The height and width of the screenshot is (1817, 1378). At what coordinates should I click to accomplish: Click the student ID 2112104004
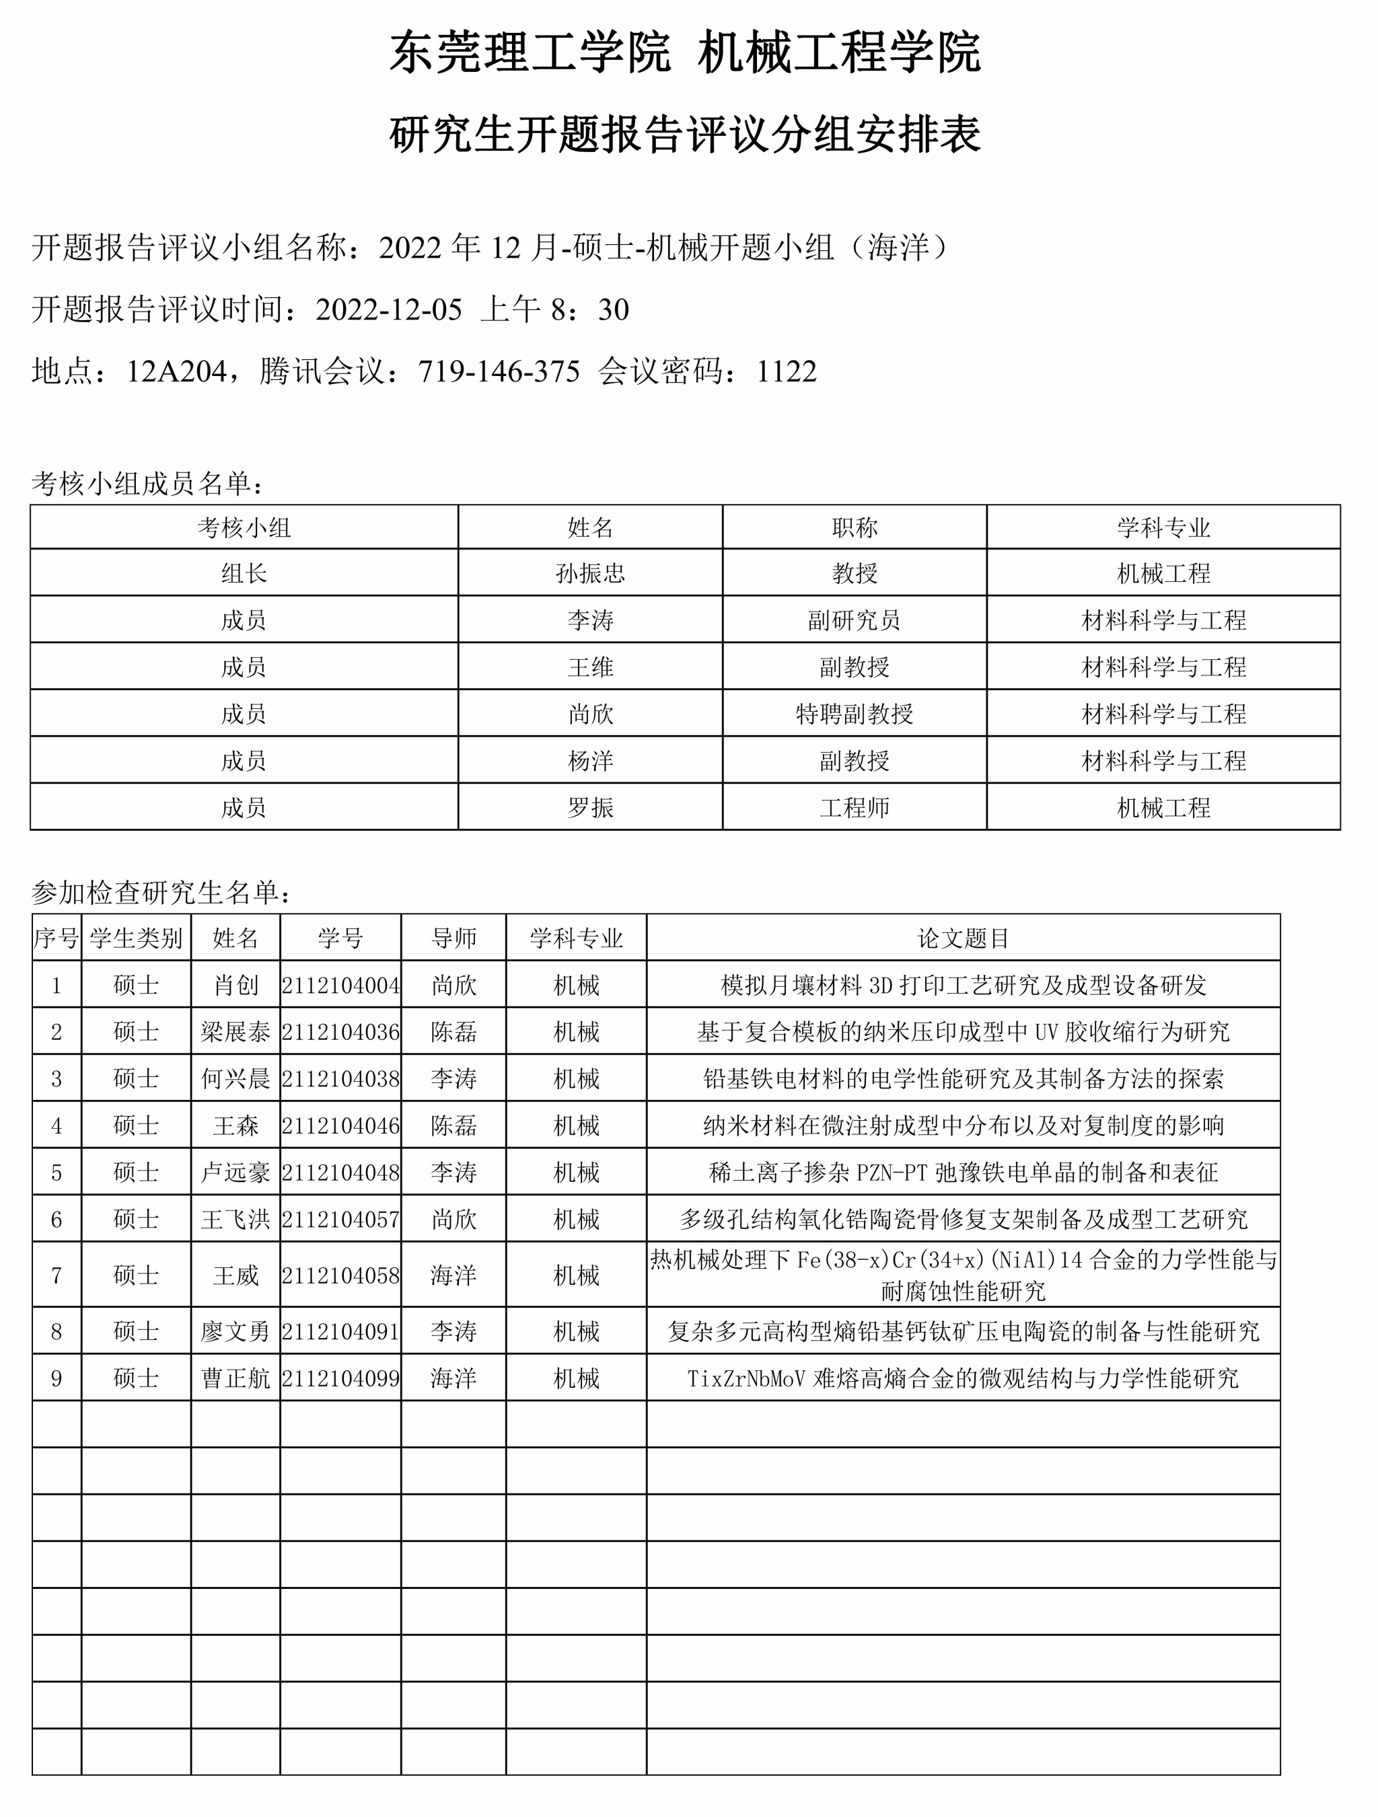(340, 985)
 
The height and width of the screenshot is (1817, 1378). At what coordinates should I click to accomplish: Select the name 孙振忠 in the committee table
(590, 572)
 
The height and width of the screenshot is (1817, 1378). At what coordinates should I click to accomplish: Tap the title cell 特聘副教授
(854, 713)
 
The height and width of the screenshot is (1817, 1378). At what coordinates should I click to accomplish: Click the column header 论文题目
(963, 938)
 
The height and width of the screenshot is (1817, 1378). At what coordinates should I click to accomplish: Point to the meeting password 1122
(787, 371)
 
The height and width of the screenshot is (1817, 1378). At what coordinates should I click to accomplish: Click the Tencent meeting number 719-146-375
(499, 371)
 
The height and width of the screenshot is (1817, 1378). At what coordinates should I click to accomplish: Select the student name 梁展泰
(235, 1032)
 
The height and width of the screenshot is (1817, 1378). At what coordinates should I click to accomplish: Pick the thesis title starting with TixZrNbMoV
(963, 1378)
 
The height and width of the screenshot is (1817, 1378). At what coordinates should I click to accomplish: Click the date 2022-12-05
(389, 309)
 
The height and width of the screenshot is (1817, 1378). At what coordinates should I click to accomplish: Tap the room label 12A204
(176, 371)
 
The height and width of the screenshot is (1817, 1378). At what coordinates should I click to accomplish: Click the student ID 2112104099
(340, 1378)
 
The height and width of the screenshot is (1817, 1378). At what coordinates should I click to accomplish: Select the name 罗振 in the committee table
(590, 807)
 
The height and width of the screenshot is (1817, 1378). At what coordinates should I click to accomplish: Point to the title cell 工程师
(854, 807)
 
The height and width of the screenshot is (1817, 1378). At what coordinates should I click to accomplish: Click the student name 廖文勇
(235, 1331)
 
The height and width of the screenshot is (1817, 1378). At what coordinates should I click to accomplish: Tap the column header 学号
(340, 938)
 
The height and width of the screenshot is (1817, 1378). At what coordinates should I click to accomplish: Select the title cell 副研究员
(854, 620)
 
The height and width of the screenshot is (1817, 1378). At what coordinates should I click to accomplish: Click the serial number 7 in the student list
(56, 1275)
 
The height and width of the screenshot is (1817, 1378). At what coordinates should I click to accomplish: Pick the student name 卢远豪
(235, 1172)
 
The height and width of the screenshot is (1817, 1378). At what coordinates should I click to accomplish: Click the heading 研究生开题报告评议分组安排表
(686, 134)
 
